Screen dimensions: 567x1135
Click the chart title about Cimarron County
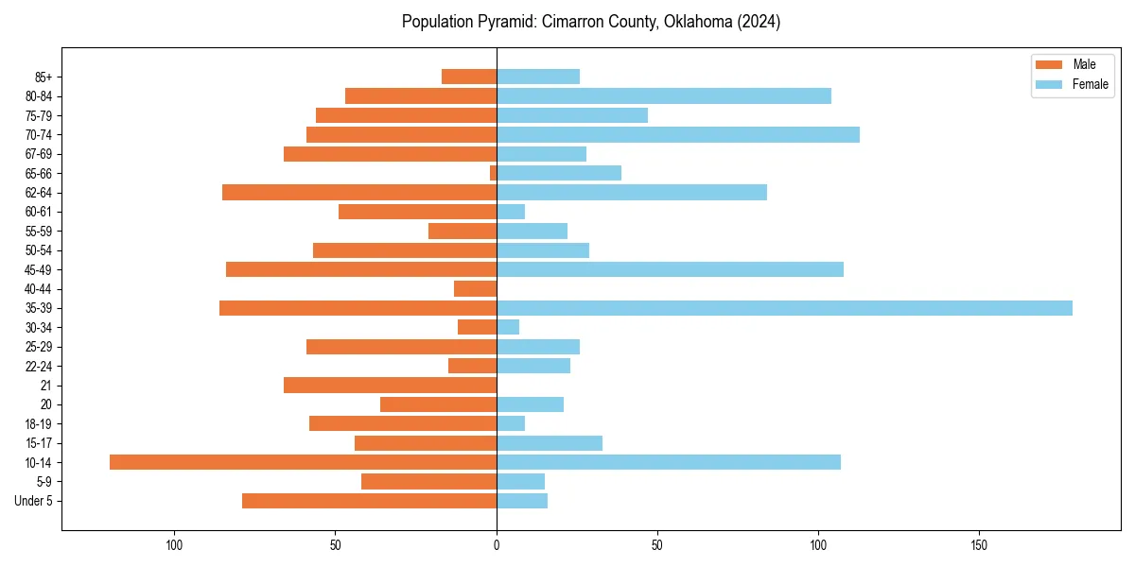590,22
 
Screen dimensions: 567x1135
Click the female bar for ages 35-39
784,308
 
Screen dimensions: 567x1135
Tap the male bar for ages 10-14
303,462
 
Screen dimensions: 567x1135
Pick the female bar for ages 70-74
677,134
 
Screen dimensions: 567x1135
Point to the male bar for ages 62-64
359,193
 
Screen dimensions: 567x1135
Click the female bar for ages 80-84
663,95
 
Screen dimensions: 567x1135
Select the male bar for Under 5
369,501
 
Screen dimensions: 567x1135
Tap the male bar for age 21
390,386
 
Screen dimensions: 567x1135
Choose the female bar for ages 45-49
670,269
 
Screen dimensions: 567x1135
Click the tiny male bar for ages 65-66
493,173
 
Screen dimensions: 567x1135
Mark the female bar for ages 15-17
549,443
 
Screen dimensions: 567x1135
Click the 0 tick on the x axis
497,545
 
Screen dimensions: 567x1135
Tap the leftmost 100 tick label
174,545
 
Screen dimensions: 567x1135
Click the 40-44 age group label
38,289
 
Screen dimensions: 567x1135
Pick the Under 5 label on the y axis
34,501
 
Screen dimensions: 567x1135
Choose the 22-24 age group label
38,366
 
